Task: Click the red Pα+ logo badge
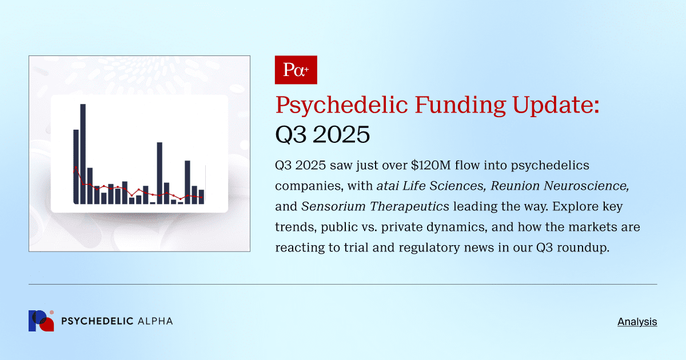click(x=296, y=70)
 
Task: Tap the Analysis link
click(x=637, y=322)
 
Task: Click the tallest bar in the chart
click(x=83, y=153)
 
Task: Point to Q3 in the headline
click(x=293, y=135)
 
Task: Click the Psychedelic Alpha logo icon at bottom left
click(x=41, y=321)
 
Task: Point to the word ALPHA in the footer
click(x=155, y=321)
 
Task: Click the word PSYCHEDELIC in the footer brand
click(x=97, y=321)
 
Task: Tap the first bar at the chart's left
click(x=76, y=166)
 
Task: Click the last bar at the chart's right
click(x=201, y=196)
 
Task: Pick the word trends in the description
click(x=294, y=227)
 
